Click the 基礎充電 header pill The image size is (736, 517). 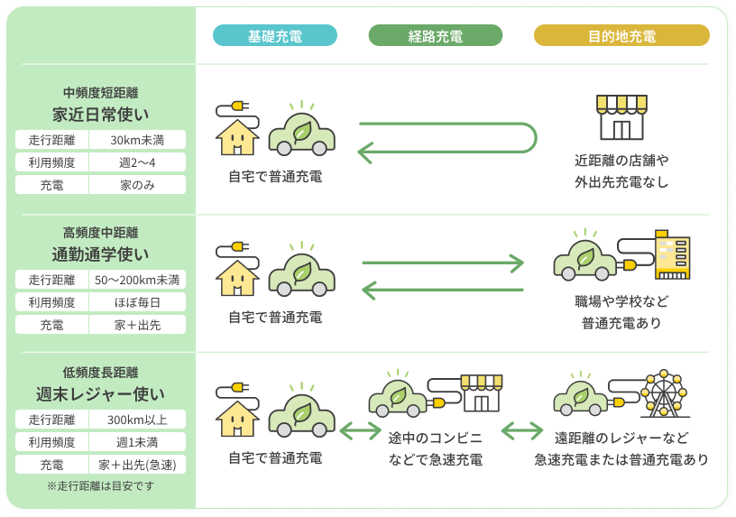(x=275, y=36)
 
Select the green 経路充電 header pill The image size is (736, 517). (x=435, y=36)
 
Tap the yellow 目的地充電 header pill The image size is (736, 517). (x=621, y=36)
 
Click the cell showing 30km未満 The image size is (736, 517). (x=137, y=140)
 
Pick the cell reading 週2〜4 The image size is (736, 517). (x=137, y=162)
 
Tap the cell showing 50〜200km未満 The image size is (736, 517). (x=137, y=280)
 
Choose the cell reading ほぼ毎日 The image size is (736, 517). (x=137, y=302)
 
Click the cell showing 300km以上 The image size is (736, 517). (x=137, y=420)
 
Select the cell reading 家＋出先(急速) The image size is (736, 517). (x=137, y=466)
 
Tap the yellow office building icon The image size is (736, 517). (x=671, y=258)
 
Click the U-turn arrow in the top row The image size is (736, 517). (x=448, y=138)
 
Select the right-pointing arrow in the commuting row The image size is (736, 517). (x=442, y=263)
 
